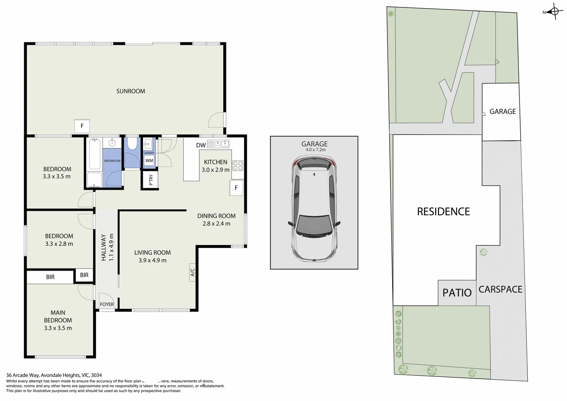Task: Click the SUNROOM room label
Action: [x=131, y=91]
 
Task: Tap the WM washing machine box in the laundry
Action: [x=149, y=161]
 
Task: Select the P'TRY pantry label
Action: [x=151, y=180]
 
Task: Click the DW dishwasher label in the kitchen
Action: [x=201, y=145]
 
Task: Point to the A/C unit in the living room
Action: [x=192, y=273]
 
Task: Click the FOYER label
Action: [x=107, y=304]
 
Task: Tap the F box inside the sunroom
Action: [x=82, y=126]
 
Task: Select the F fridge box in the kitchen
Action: [x=236, y=188]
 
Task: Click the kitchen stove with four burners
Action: [x=237, y=166]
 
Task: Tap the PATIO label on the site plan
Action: [x=457, y=293]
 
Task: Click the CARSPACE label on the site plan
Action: [x=500, y=289]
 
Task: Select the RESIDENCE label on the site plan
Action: [x=443, y=212]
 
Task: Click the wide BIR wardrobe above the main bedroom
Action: [x=50, y=277]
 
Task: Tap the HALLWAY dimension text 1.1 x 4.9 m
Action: [x=111, y=247]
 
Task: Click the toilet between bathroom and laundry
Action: [x=131, y=144]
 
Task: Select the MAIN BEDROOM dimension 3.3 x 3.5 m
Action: [x=58, y=328]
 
